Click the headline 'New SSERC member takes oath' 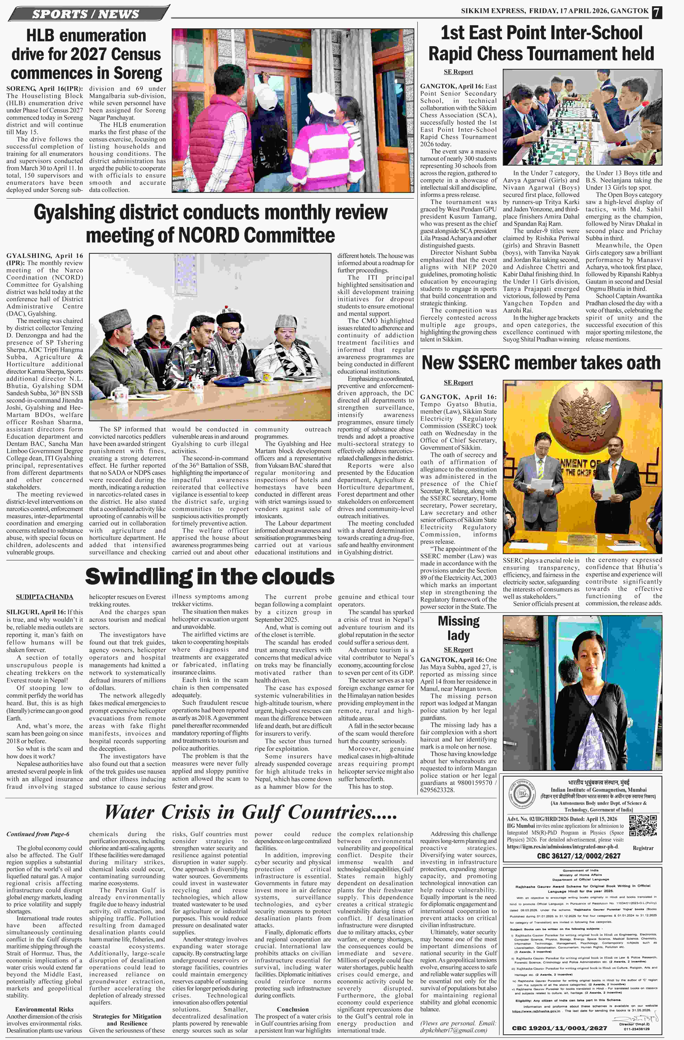coord(541,363)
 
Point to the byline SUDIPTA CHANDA coord(45,597)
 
